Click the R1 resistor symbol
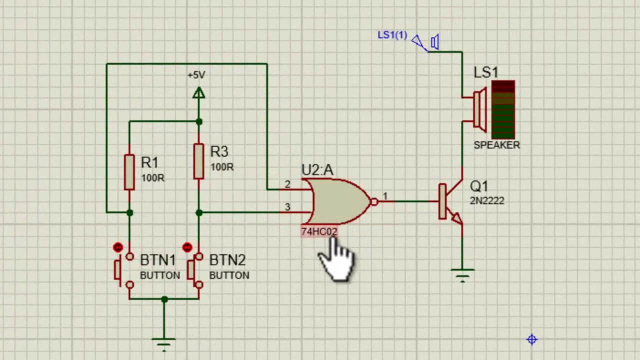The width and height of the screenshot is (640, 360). click(x=129, y=172)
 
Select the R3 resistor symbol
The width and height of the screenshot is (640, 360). click(x=198, y=161)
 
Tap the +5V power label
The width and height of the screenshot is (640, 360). click(x=196, y=75)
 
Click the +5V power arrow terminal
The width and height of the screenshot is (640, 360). click(x=198, y=93)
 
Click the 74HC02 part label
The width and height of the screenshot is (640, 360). click(x=319, y=231)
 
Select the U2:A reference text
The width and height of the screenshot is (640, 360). click(x=317, y=170)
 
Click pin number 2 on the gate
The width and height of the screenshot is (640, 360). click(x=287, y=184)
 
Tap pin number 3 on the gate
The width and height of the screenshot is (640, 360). click(x=287, y=207)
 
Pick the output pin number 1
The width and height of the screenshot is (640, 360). click(x=385, y=196)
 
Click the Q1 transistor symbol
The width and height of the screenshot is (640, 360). click(x=450, y=202)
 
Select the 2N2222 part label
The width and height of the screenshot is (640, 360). click(x=487, y=200)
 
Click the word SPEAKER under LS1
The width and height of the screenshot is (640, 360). click(x=496, y=145)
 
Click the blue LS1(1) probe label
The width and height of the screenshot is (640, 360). click(x=392, y=35)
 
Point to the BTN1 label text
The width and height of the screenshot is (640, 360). click(x=158, y=260)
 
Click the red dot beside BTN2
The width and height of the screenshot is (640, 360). click(x=187, y=247)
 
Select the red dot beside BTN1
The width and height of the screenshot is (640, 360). click(x=118, y=247)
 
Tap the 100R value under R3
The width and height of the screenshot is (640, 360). click(x=221, y=167)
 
